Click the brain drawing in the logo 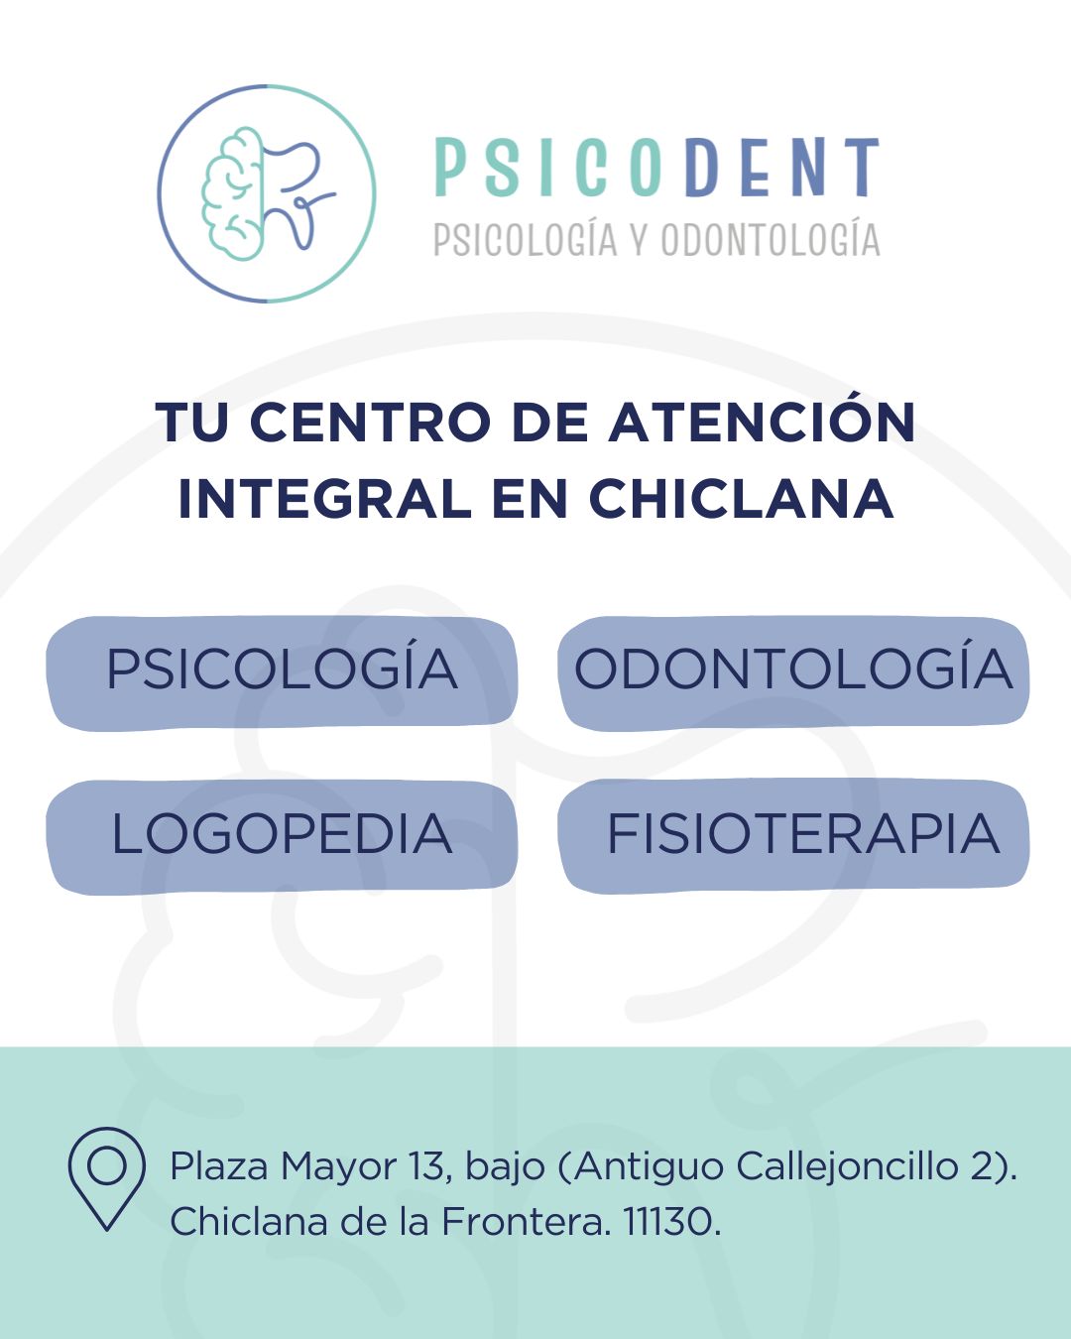click(231, 193)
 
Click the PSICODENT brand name click(656, 168)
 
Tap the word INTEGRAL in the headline click(324, 499)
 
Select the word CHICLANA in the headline click(742, 499)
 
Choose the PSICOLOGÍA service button click(282, 672)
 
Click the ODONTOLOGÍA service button click(792, 672)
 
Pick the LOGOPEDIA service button click(282, 836)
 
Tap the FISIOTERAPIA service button click(792, 836)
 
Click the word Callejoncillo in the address click(846, 1166)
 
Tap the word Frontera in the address click(523, 1221)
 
